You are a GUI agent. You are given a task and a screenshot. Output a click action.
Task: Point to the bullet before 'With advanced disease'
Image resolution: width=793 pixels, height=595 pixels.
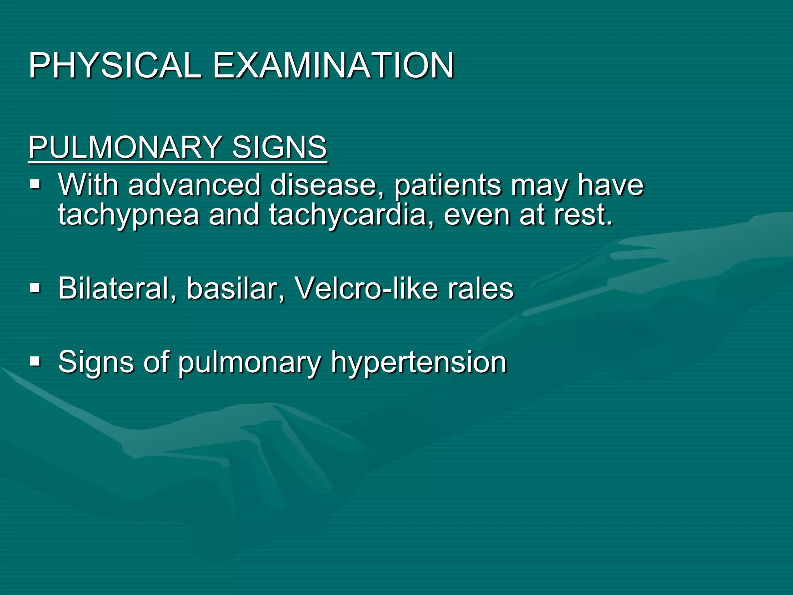click(35, 184)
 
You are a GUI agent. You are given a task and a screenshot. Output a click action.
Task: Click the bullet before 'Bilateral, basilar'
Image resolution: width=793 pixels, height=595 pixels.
click(35, 288)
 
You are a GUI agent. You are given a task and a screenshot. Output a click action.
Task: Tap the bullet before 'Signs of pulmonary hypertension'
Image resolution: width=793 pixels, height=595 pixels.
click(35, 362)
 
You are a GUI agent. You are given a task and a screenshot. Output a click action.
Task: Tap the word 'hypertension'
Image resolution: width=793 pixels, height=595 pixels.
click(419, 363)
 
